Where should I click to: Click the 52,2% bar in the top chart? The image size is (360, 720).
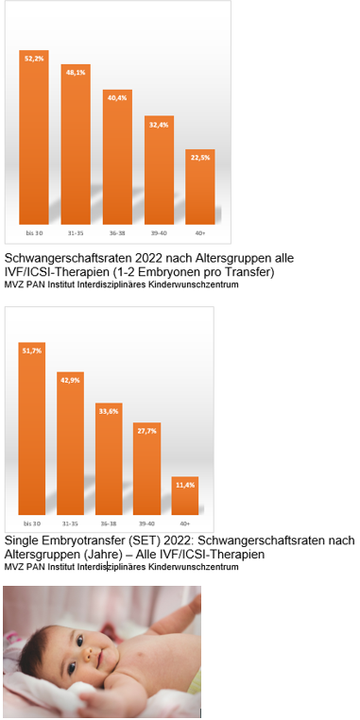[x=34, y=142]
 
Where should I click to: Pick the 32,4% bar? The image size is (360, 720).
[x=159, y=175]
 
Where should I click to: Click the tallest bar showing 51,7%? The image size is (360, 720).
[x=32, y=435]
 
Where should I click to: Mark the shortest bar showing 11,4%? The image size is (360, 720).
[x=185, y=496]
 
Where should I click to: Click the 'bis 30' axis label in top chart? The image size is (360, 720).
[x=34, y=231]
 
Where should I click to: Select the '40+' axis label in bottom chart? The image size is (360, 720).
[x=185, y=523]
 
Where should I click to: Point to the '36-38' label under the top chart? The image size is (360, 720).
[x=117, y=231]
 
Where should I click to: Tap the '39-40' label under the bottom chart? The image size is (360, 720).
[x=146, y=523]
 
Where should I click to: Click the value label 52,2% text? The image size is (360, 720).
[x=34, y=59]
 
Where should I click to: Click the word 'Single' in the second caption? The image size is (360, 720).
[x=24, y=540]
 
